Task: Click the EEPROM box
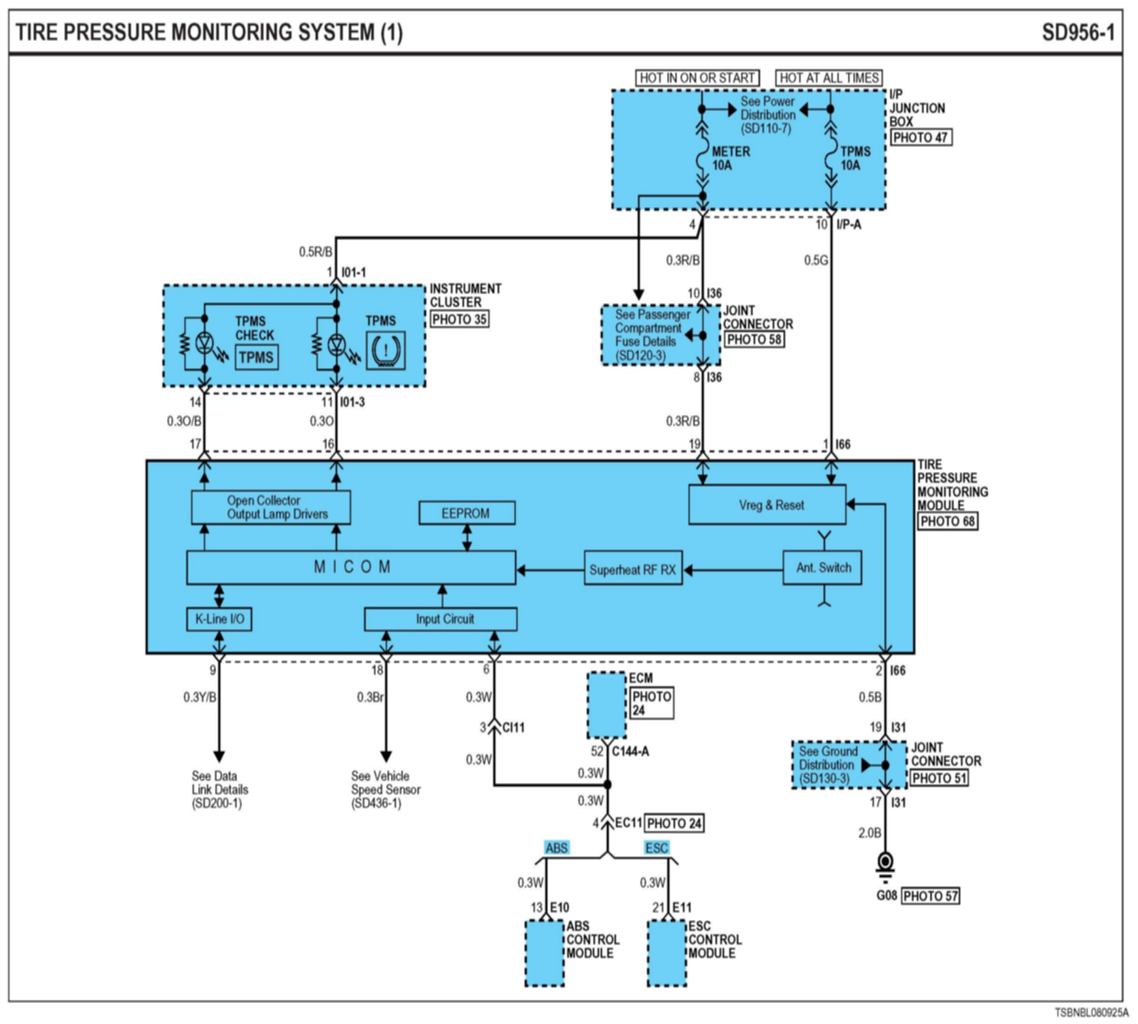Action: [x=466, y=513]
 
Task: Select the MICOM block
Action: [x=351, y=567]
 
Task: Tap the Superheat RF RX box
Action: [x=633, y=569]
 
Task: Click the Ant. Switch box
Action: [x=822, y=567]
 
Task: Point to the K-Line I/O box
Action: [x=219, y=619]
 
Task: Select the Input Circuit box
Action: [x=441, y=619]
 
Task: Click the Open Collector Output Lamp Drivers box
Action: [x=270, y=507]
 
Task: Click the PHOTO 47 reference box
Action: [x=921, y=137]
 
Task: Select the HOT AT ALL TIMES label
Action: [x=828, y=78]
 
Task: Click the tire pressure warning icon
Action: [x=386, y=351]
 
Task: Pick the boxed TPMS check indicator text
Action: [x=256, y=357]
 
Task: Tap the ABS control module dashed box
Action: [x=545, y=953]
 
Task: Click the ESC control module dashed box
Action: [x=667, y=953]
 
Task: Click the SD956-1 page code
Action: [x=1078, y=33]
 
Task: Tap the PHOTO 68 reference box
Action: [x=947, y=522]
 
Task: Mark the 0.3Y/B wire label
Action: [x=200, y=698]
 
